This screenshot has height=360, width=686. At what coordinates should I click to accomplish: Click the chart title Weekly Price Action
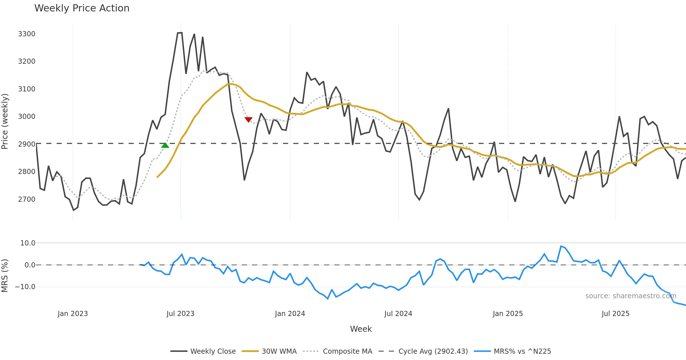82,8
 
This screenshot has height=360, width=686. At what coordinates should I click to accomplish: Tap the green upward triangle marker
165,145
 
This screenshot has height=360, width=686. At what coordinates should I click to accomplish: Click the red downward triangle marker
248,119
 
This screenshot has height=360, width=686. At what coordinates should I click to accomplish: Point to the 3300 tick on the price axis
27,34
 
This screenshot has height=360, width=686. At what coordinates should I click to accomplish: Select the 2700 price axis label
27,199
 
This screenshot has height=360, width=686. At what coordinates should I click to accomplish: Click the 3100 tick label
27,89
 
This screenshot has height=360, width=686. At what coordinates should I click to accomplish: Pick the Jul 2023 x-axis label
180,314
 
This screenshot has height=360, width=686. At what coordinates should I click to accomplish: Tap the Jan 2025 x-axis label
508,314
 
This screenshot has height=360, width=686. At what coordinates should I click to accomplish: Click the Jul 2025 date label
615,314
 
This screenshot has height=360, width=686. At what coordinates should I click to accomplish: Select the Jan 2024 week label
290,314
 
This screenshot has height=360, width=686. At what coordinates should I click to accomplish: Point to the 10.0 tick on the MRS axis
28,243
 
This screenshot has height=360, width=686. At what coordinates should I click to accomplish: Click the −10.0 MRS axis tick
25,287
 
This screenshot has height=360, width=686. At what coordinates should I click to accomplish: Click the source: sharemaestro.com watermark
631,296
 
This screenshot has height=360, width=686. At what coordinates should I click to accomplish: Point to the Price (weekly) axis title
5,121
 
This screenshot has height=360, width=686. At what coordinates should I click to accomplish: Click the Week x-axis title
361,329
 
